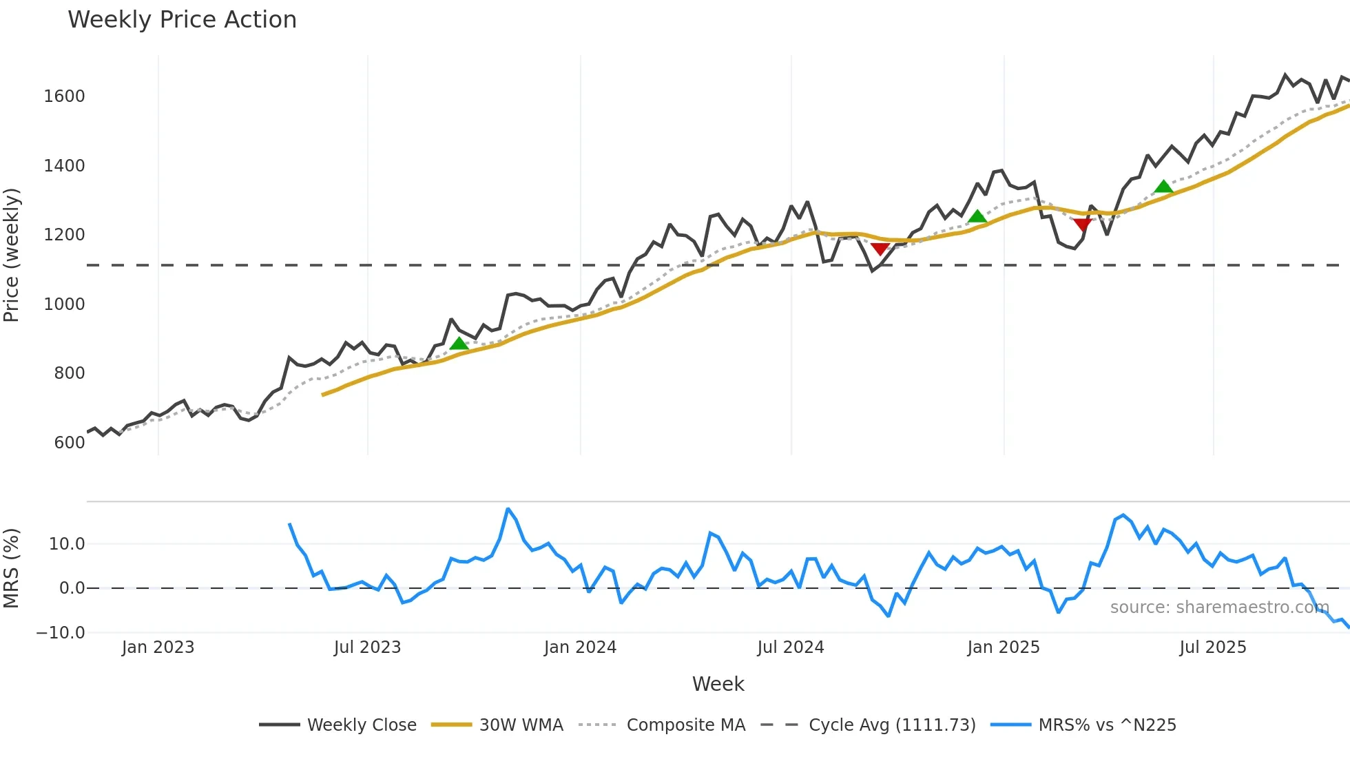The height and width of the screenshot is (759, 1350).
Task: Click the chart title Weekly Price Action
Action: (x=182, y=20)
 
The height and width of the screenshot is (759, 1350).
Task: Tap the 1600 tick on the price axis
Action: (x=64, y=96)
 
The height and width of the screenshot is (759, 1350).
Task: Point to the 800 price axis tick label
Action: (x=69, y=373)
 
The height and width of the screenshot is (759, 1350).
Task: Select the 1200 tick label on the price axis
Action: (x=64, y=235)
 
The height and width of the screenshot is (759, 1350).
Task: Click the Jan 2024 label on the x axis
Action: (x=580, y=647)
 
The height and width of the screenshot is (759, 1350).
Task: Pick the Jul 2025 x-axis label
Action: (x=1212, y=647)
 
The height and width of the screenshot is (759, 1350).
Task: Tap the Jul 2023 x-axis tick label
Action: (x=367, y=647)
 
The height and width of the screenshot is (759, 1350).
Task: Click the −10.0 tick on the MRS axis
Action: (x=61, y=633)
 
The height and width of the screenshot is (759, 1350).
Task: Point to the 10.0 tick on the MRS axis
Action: (x=67, y=544)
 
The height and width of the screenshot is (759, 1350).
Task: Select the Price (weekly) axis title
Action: (x=12, y=255)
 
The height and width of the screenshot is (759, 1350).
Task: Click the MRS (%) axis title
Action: (x=12, y=568)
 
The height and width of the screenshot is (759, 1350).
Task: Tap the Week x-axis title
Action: (x=718, y=684)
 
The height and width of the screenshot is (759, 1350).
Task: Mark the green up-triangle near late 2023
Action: (x=459, y=344)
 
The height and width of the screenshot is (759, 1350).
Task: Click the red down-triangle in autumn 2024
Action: (x=880, y=249)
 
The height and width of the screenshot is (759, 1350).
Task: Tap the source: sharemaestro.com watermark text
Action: (x=1219, y=607)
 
